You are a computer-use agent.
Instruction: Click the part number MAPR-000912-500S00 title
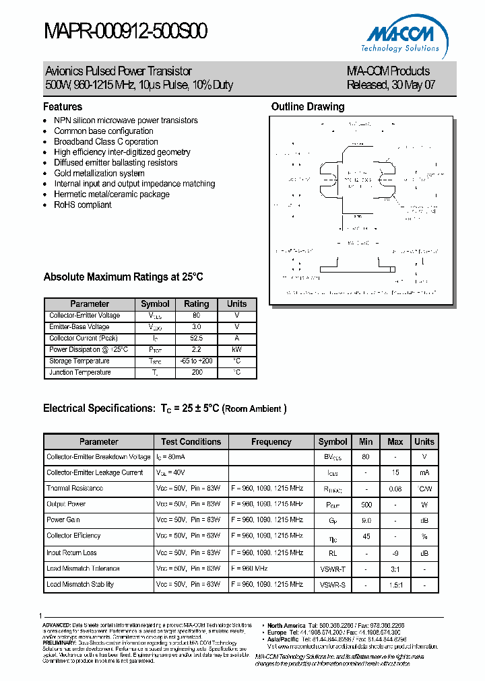click(x=126, y=32)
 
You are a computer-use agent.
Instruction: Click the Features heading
click(x=63, y=106)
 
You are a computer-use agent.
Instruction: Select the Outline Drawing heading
click(x=307, y=106)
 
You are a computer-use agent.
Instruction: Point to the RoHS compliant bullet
click(x=82, y=205)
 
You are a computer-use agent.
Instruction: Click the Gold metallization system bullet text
click(x=99, y=173)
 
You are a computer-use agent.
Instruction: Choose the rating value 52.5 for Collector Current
click(x=196, y=338)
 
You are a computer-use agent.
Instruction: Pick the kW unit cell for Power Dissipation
click(x=236, y=350)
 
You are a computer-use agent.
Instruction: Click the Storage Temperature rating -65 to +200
click(x=196, y=361)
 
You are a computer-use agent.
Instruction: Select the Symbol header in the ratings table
click(x=155, y=303)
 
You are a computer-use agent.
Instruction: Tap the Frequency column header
click(x=271, y=442)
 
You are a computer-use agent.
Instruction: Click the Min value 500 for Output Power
click(x=366, y=504)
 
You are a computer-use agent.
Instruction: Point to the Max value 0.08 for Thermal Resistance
click(x=395, y=489)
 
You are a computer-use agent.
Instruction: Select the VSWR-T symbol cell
click(x=333, y=569)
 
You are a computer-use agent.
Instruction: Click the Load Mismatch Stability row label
click(x=79, y=584)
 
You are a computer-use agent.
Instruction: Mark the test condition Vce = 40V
click(x=173, y=473)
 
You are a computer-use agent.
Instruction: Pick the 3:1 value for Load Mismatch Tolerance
click(x=395, y=569)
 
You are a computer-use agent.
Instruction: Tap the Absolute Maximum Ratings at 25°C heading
click(x=123, y=277)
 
